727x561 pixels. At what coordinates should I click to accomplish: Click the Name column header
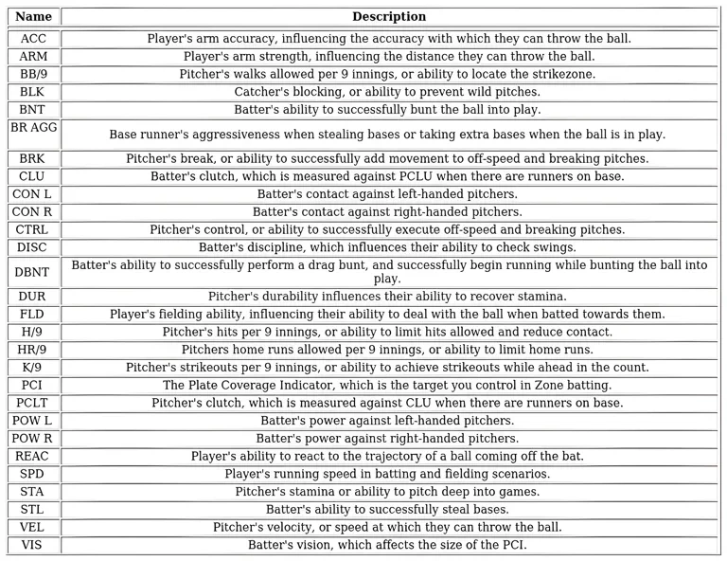tap(33, 17)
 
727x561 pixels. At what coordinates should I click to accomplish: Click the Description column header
tap(389, 17)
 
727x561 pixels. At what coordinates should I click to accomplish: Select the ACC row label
tap(33, 39)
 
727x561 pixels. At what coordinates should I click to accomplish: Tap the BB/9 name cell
tap(33, 74)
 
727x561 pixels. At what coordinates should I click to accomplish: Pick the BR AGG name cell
tap(33, 134)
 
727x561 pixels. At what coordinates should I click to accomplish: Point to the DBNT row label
tap(33, 271)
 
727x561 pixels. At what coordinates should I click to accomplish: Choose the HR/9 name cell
tap(33, 350)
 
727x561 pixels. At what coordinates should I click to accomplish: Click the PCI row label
tap(33, 385)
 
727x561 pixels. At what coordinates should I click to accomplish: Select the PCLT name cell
tap(33, 403)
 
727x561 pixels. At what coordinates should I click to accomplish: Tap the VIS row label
tap(33, 545)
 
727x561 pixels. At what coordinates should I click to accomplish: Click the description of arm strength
tap(389, 57)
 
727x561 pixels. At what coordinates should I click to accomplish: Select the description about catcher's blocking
tap(389, 92)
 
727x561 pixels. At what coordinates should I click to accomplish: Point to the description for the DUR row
tap(389, 297)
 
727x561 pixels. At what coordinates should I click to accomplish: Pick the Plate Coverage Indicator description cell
tap(389, 385)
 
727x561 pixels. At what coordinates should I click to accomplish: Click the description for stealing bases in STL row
tap(389, 509)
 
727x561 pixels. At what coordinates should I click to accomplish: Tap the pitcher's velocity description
tap(389, 527)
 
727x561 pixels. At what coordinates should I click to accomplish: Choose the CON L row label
tap(33, 194)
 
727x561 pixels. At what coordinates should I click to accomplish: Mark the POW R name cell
tap(33, 439)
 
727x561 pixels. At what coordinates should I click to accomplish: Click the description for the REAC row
tap(389, 456)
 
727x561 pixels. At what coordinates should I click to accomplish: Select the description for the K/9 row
tap(389, 368)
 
